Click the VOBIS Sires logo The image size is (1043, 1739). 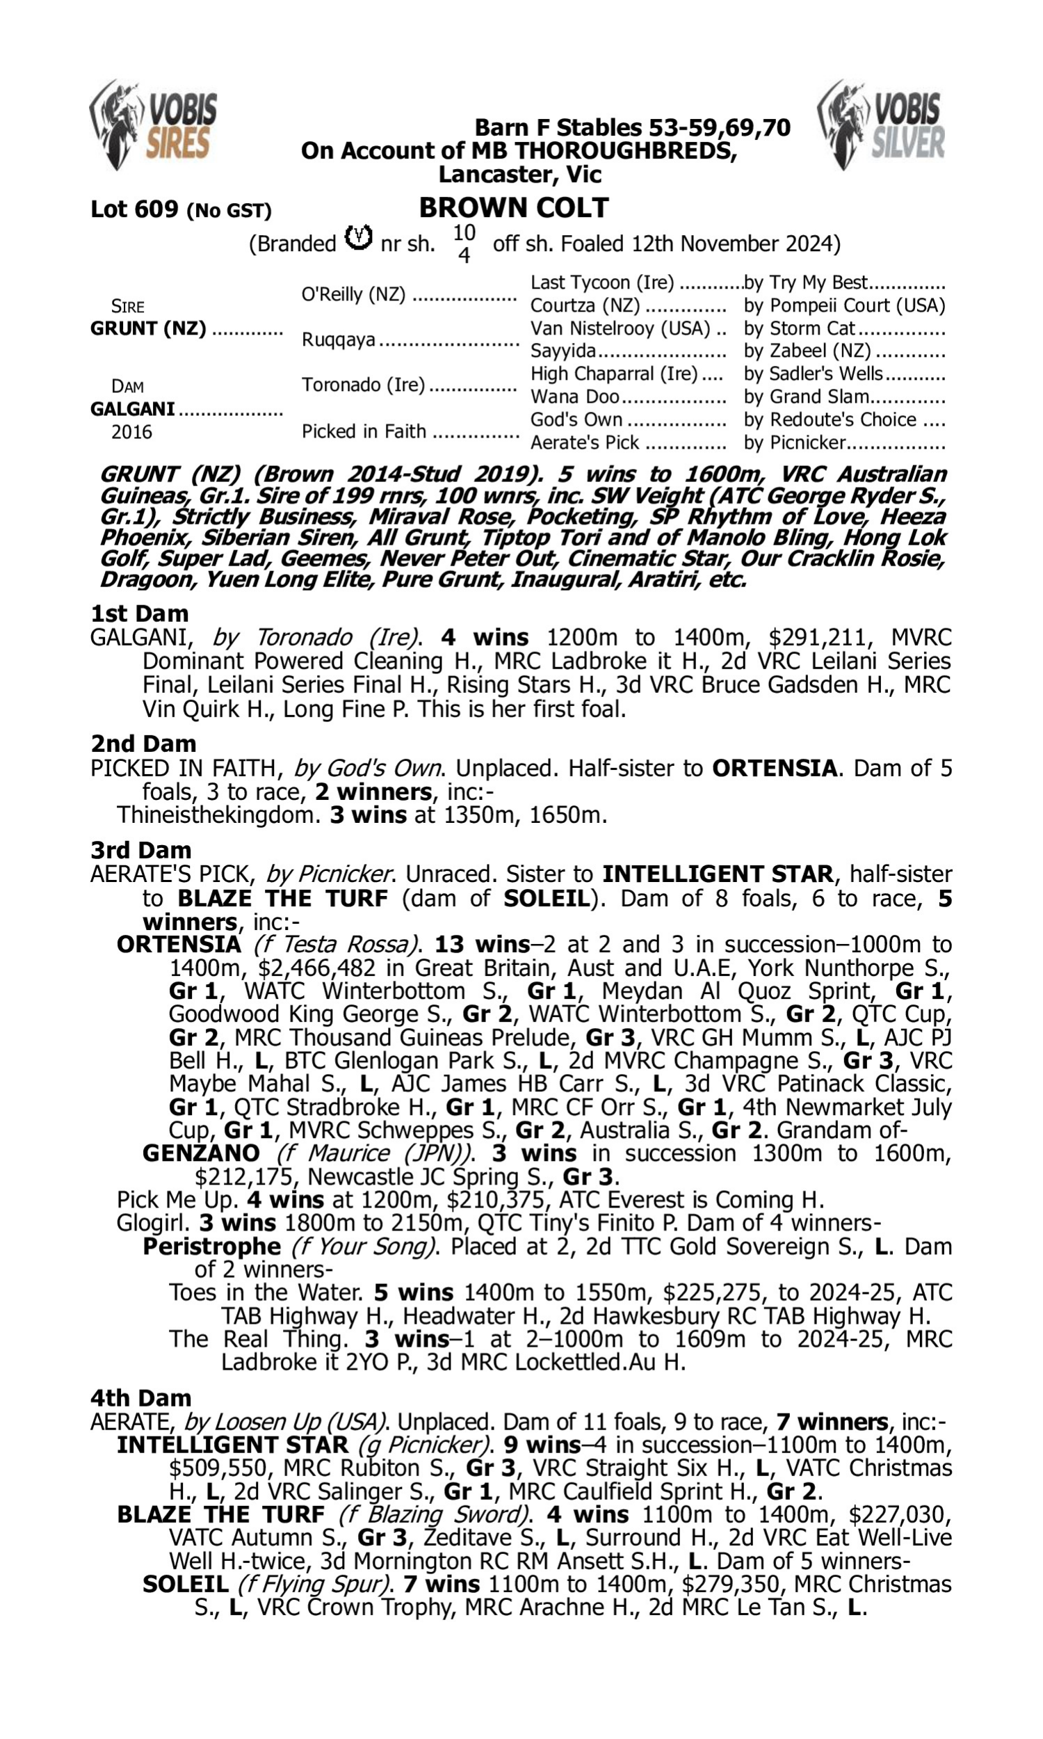(x=153, y=125)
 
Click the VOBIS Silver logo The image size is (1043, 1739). (x=881, y=125)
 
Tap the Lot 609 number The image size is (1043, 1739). (x=134, y=209)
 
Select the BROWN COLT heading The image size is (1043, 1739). (x=514, y=208)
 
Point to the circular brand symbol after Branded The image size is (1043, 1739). (x=358, y=239)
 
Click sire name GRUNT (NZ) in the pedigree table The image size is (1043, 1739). (x=148, y=329)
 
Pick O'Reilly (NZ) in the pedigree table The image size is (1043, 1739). (x=353, y=294)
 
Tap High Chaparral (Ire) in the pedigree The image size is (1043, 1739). (x=614, y=374)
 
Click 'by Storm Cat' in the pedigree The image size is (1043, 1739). (x=799, y=329)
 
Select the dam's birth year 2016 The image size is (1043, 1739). (x=131, y=432)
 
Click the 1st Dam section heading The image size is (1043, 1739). (x=139, y=614)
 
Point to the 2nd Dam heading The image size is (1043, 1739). (x=143, y=744)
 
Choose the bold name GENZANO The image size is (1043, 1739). (x=201, y=1153)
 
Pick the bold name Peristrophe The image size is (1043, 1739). (x=211, y=1247)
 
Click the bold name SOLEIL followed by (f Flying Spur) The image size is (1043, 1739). (x=186, y=1585)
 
